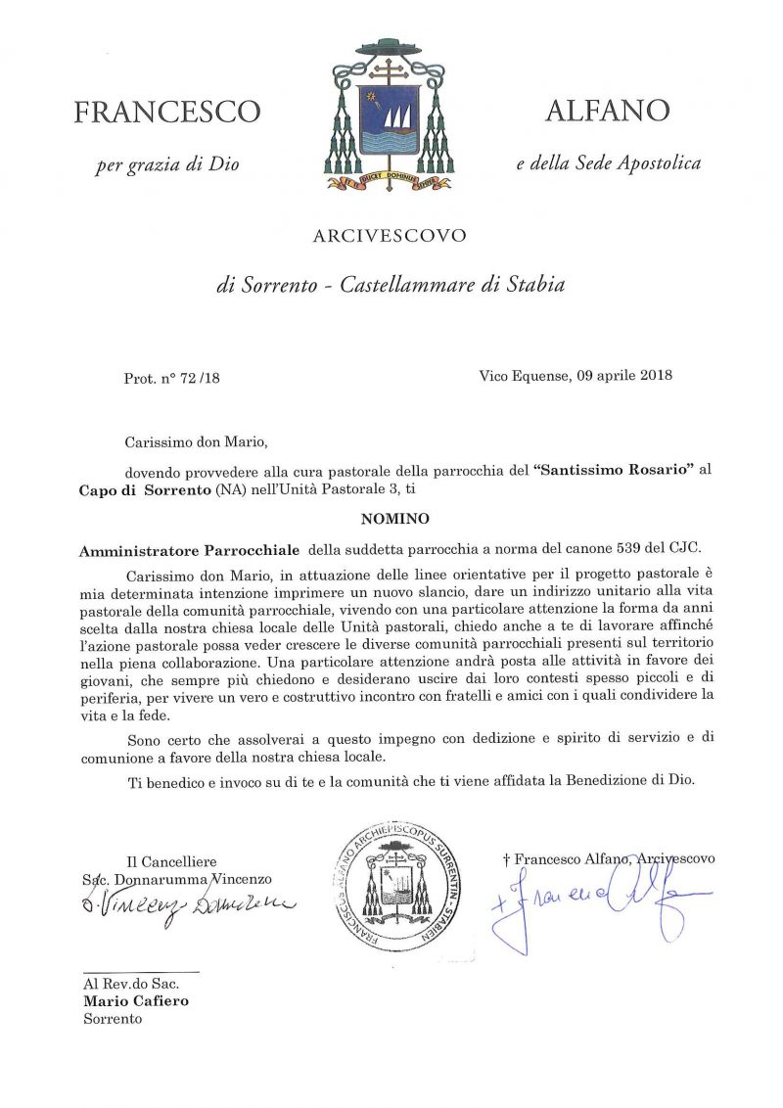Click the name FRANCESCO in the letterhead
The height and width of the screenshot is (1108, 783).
coord(167,113)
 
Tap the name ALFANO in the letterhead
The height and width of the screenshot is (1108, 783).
coord(606,111)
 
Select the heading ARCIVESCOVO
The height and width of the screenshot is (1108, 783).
coord(390,235)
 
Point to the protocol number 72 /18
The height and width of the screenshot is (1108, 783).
coord(201,377)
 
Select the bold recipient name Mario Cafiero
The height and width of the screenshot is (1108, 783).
coord(135,1001)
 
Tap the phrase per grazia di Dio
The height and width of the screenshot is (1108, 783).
coord(167,165)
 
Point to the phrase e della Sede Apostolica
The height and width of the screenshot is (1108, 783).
coord(608,163)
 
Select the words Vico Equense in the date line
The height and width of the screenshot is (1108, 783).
coord(520,375)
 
